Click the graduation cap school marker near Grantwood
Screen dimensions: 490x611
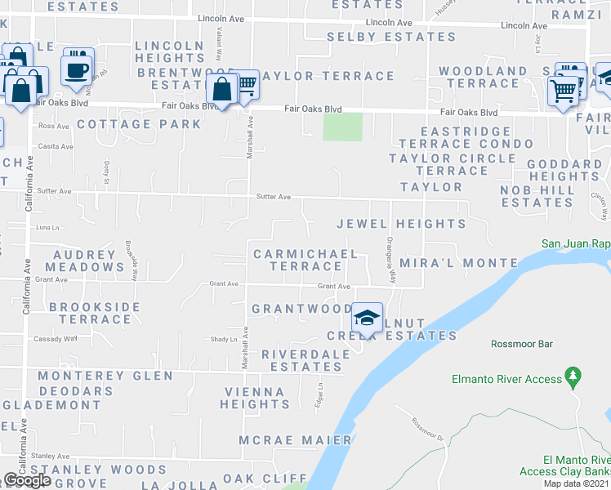[368, 316]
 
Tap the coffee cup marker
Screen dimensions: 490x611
[78, 69]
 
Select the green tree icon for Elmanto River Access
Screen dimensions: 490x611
[573, 377]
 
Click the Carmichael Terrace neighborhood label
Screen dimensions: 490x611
[305, 260]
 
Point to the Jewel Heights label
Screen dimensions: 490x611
[402, 223]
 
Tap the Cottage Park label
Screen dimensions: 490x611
[139, 124]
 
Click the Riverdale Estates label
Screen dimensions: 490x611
[301, 360]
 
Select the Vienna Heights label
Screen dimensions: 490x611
[255, 398]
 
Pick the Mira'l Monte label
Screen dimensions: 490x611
[459, 263]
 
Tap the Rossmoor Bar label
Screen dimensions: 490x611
[522, 344]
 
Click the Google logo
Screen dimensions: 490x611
[27, 480]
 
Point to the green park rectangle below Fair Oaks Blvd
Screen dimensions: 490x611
[343, 127]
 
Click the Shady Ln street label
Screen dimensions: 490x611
[223, 339]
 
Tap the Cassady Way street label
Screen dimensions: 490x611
[55, 338]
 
